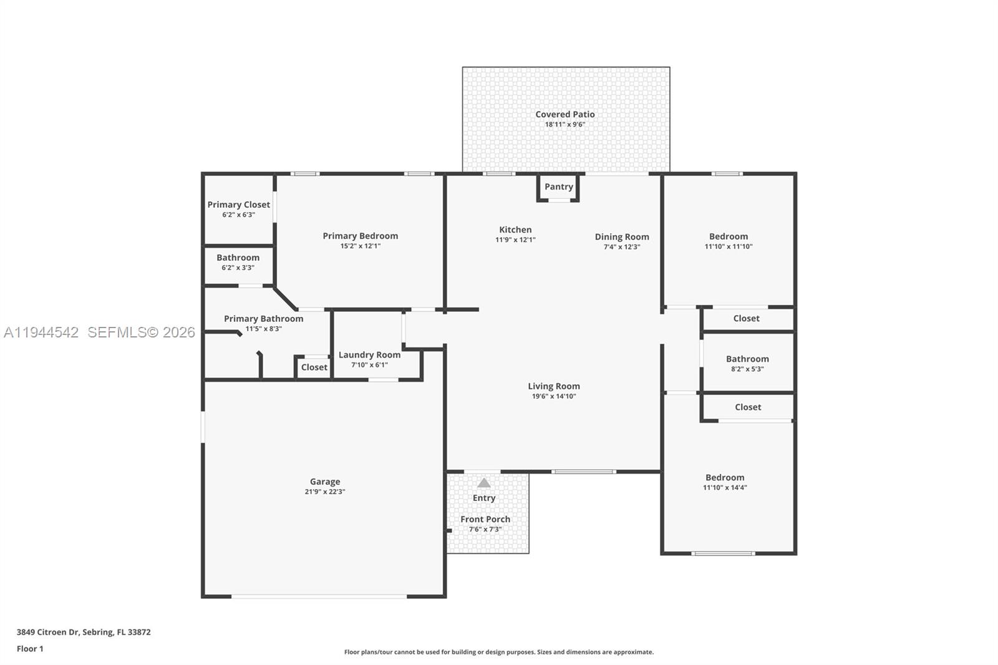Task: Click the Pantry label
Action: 558,187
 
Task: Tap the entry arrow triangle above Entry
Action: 484,483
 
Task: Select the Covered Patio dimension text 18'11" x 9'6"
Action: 564,124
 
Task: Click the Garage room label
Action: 325,482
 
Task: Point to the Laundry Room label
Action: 369,355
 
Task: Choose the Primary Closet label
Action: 238,205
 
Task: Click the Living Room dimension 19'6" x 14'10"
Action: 553,396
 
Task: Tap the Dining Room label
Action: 621,236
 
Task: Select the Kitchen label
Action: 515,230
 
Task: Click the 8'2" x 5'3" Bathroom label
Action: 747,359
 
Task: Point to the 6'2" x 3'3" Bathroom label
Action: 238,258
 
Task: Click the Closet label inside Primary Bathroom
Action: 314,367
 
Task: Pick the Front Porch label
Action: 485,519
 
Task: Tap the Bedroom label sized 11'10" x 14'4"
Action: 725,477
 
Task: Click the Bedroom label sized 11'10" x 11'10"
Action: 728,236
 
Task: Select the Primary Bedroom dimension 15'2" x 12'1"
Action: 360,246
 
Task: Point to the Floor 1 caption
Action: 30,649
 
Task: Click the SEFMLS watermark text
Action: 141,332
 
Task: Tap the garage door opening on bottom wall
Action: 319,596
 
